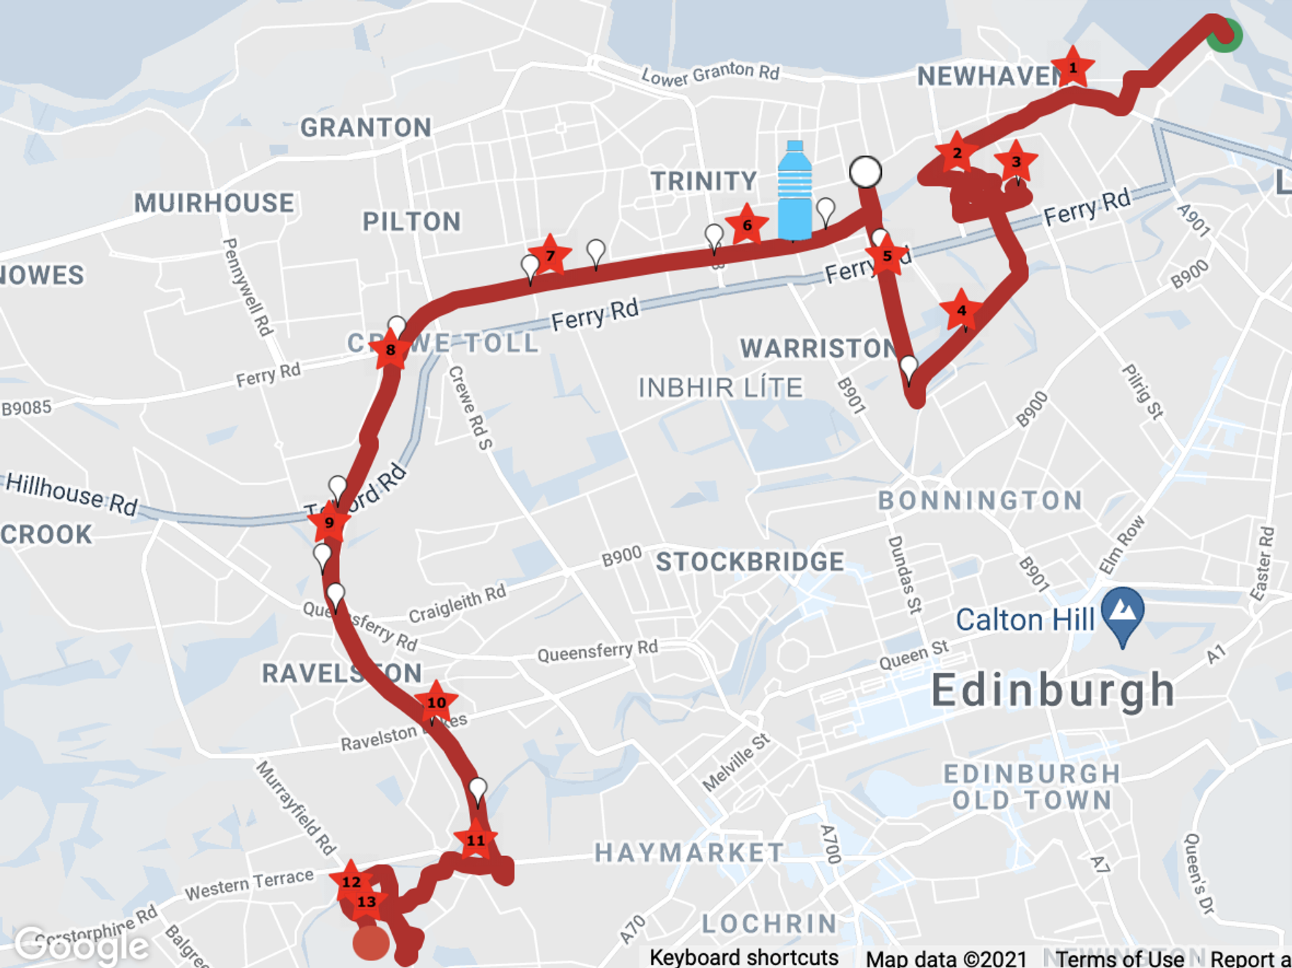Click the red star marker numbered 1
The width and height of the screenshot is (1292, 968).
click(x=1072, y=68)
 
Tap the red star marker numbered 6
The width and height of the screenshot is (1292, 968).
click(x=747, y=225)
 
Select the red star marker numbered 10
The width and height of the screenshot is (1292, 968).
click(x=436, y=702)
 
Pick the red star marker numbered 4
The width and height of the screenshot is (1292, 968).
click(x=961, y=311)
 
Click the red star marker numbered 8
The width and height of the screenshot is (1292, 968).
click(x=390, y=350)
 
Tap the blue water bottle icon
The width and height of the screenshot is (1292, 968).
click(x=795, y=191)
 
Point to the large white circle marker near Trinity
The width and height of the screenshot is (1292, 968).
click(x=865, y=173)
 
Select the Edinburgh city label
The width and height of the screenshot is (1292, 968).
click(x=1053, y=691)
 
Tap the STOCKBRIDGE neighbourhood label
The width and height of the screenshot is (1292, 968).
click(x=750, y=562)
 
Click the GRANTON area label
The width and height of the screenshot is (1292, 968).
click(x=366, y=128)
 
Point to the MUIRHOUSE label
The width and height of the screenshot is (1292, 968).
click(x=214, y=203)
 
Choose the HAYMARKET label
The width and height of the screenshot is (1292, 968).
click(x=689, y=852)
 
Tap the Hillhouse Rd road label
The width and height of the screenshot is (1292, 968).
click(x=72, y=494)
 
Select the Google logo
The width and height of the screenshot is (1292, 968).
click(x=81, y=946)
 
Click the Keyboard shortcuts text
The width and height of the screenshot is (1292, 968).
click(x=744, y=957)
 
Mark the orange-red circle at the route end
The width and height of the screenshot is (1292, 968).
click(x=371, y=942)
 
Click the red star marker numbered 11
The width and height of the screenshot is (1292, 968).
click(x=475, y=840)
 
